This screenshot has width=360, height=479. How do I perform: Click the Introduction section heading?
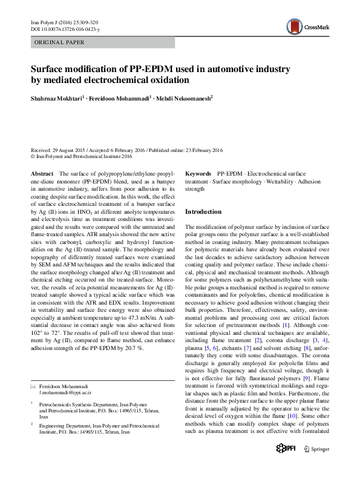(203, 212)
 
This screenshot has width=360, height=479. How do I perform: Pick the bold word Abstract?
(42, 174)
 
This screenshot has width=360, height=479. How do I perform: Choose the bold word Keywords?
(198, 174)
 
